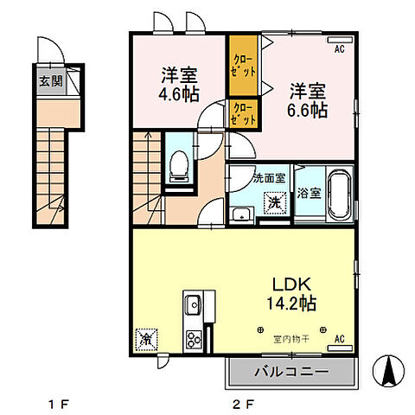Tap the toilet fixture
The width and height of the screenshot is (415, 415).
179,165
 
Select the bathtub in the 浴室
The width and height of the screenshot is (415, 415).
340,194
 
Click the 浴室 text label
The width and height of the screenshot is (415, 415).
310,193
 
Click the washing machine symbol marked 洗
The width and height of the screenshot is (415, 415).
272,203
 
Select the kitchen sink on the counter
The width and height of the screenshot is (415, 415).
192,305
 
